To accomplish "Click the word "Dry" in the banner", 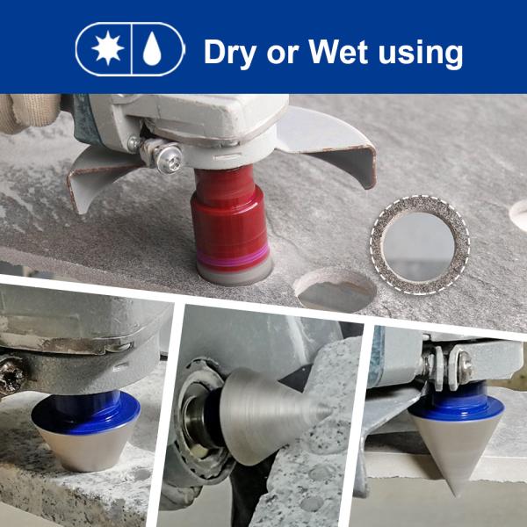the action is click(x=230, y=52).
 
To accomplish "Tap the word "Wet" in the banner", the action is click(x=338, y=52).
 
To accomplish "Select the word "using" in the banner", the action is click(x=421, y=54).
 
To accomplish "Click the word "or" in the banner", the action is click(x=282, y=54).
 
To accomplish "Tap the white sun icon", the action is click(x=107, y=48).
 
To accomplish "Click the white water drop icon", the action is click(x=152, y=48).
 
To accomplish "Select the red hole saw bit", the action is click(x=231, y=225).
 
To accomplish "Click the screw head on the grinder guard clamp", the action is click(x=169, y=157).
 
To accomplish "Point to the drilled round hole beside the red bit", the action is click(x=336, y=290).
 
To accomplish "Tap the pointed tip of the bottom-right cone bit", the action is click(x=457, y=495).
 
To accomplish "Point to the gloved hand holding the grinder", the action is click(x=29, y=112).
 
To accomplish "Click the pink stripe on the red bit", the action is click(x=234, y=256).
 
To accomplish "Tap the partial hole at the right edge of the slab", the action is click(x=519, y=215).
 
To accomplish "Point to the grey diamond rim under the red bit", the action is click(x=235, y=273).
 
